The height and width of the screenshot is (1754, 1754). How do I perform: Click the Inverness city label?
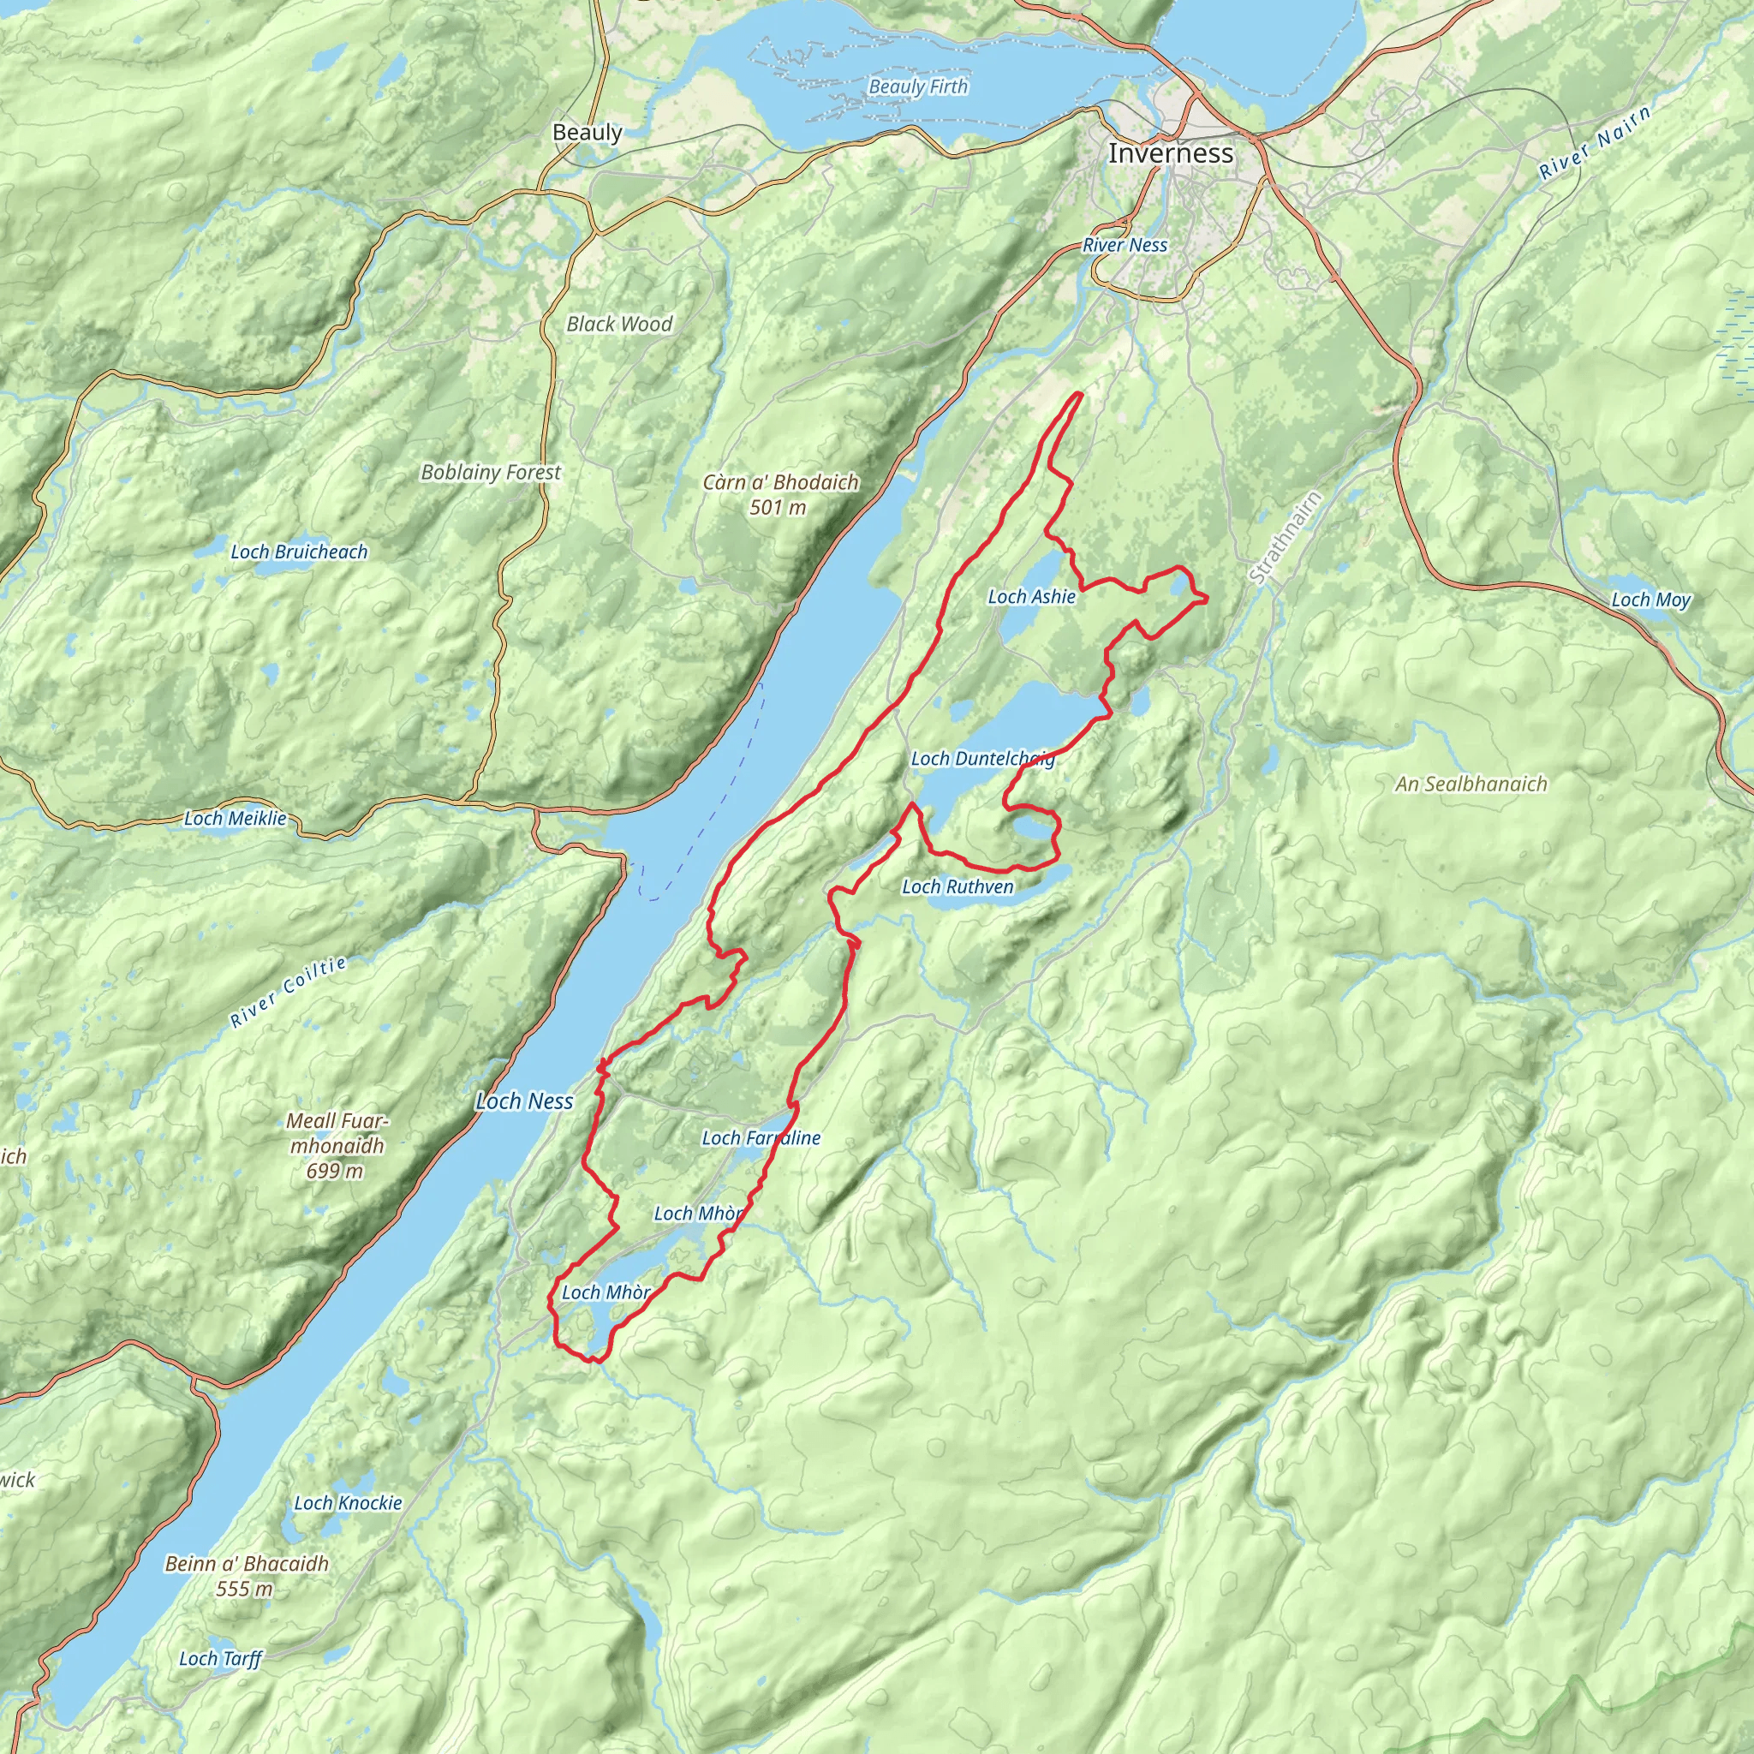coord(1170,153)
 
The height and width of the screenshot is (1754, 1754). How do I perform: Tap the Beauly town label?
coord(588,133)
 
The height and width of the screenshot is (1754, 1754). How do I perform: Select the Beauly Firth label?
coord(918,87)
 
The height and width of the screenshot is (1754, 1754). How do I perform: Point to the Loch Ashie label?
coord(1031,596)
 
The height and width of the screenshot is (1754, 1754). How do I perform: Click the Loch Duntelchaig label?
coord(982,758)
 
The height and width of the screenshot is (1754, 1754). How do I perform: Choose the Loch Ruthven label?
coord(957,886)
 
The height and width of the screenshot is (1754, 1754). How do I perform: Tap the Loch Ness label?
coord(524,1101)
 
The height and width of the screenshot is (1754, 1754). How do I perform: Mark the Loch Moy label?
coord(1650,600)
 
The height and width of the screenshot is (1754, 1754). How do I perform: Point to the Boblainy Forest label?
coord(490,472)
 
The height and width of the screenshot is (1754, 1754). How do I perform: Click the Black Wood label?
coord(619,324)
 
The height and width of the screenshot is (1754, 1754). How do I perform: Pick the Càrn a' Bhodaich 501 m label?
coord(780,494)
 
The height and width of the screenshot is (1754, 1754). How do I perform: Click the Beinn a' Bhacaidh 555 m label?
coord(246,1575)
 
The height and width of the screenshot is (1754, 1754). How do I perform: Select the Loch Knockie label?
coord(348,1502)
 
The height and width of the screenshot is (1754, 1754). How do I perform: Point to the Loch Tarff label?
coord(220,1659)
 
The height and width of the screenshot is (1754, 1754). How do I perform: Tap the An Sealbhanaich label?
coord(1471,784)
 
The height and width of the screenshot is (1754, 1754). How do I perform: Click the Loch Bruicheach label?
coord(299,552)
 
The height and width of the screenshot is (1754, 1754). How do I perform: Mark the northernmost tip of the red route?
coord(1079,393)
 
